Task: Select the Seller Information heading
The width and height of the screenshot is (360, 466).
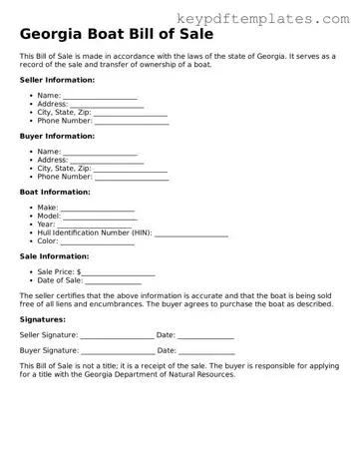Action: click(57, 80)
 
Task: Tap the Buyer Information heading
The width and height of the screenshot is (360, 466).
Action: click(57, 136)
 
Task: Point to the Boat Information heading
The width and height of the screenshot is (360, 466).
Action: click(55, 192)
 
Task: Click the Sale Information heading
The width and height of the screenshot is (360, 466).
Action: click(54, 256)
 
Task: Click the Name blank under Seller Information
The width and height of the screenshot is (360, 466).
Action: click(100, 97)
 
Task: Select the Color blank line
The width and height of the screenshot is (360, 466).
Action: click(99, 242)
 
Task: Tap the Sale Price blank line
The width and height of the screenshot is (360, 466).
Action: click(119, 273)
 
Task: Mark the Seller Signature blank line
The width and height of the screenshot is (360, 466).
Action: click(118, 336)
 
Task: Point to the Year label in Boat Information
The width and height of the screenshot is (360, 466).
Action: click(47, 225)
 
